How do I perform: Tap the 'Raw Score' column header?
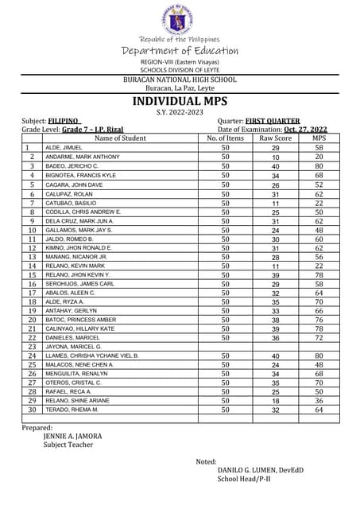click(276, 138)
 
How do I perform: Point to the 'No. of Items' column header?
click(225, 138)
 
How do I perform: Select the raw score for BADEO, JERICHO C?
click(276, 166)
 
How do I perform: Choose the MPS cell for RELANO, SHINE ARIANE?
click(319, 401)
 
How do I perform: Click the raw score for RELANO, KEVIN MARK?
click(276, 266)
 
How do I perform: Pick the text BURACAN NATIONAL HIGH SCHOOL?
click(180, 80)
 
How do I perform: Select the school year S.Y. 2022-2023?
click(179, 113)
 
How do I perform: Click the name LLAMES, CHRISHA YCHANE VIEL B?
click(92, 356)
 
